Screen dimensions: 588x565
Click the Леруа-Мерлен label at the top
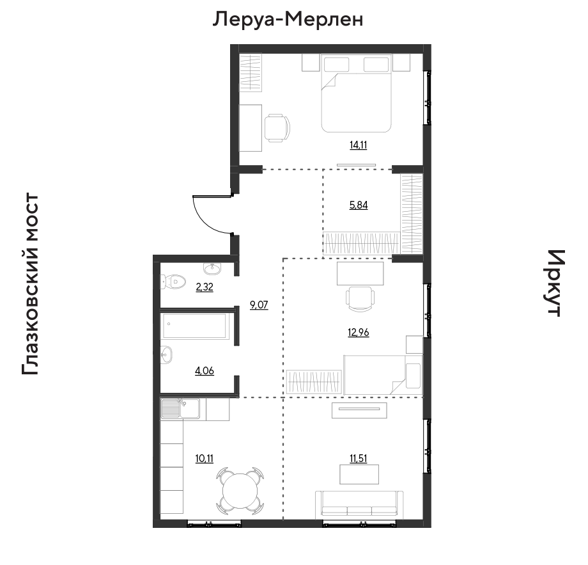[288, 19]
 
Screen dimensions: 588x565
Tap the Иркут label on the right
[553, 283]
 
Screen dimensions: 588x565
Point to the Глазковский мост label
[31, 284]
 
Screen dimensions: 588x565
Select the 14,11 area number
[359, 145]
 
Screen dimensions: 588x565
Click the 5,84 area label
[359, 205]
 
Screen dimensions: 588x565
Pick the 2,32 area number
[205, 287]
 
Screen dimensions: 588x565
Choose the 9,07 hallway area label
[259, 305]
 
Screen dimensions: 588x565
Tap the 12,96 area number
[359, 333]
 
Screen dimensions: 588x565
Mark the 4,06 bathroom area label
[205, 371]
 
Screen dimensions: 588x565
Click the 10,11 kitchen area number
[205, 458]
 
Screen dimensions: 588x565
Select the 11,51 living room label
[359, 458]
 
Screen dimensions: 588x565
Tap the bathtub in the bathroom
[195, 326]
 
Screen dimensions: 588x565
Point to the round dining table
[240, 490]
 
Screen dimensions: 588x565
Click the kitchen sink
[180, 408]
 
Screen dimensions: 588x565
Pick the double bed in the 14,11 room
[356, 93]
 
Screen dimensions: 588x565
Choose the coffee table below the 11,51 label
[359, 474]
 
